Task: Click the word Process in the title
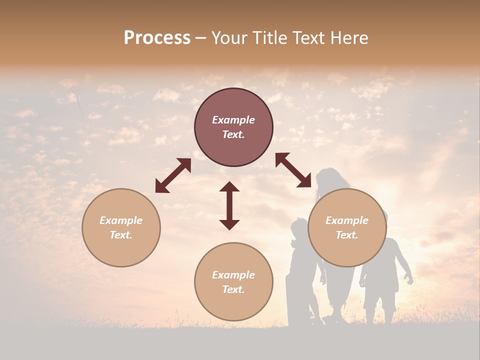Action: click(x=157, y=38)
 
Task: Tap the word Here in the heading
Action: click(x=349, y=38)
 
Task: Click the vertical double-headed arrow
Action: click(x=229, y=205)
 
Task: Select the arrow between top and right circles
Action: click(x=293, y=170)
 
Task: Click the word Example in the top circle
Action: click(x=233, y=120)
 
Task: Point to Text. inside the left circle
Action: click(x=121, y=235)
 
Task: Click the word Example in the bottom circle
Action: click(x=233, y=274)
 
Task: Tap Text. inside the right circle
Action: click(x=347, y=235)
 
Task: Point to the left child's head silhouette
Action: click(x=299, y=227)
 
